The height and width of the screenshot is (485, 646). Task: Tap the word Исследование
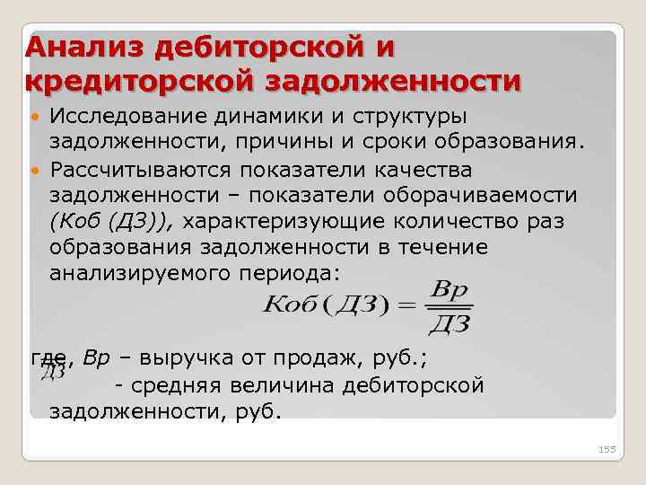pos(131,119)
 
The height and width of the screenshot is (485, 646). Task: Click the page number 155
pos(607,448)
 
